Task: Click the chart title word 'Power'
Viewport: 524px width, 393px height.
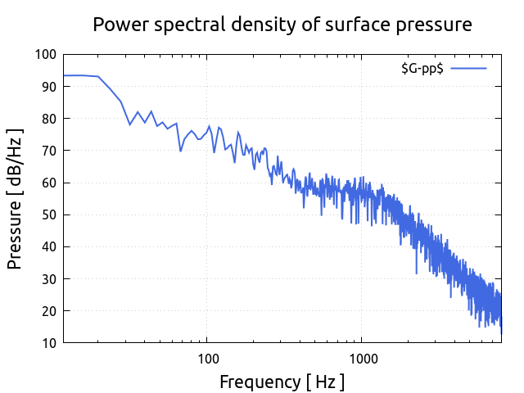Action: point(118,25)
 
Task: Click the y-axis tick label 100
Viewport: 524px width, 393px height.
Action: point(46,55)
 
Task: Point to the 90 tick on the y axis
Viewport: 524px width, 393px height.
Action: point(49,87)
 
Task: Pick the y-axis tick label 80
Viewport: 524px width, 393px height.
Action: point(49,119)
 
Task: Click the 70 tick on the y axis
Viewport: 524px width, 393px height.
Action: point(49,151)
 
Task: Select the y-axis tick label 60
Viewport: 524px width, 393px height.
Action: point(49,183)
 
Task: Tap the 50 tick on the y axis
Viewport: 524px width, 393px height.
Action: point(49,215)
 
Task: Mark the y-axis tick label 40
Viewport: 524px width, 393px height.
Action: point(49,246)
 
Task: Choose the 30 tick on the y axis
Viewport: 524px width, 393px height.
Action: point(49,279)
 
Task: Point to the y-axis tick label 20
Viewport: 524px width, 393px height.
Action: point(49,311)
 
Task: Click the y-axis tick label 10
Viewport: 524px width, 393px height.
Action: point(49,343)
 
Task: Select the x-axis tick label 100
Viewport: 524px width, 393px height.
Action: point(208,359)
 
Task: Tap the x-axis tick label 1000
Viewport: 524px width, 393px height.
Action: point(363,359)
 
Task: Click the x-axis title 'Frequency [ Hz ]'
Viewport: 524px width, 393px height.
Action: point(282,382)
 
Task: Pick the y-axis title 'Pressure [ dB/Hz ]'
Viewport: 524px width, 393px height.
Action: point(15,198)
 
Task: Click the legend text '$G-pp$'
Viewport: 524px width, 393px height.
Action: point(422,69)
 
